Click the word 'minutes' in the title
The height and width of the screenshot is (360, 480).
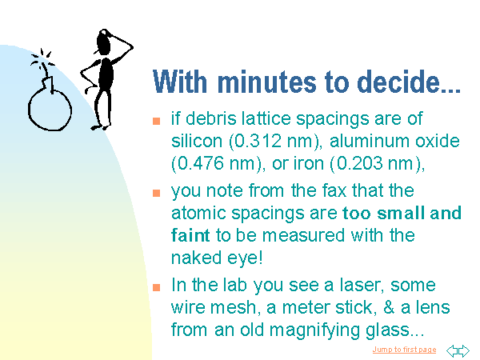[266, 82]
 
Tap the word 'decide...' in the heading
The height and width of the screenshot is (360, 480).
[409, 82]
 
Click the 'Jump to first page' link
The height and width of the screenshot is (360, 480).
[404, 350]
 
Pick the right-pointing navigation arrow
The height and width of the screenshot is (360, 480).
[464, 351]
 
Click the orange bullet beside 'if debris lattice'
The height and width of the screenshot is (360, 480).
[157, 121]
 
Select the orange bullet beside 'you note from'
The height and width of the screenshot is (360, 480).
[157, 193]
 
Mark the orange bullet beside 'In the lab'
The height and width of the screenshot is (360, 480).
[157, 287]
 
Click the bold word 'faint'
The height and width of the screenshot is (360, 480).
[190, 235]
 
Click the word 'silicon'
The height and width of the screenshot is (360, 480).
[197, 141]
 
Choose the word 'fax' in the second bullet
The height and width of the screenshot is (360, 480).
[334, 190]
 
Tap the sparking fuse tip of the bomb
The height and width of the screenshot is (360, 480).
[43, 58]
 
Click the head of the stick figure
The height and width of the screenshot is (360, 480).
[104, 42]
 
